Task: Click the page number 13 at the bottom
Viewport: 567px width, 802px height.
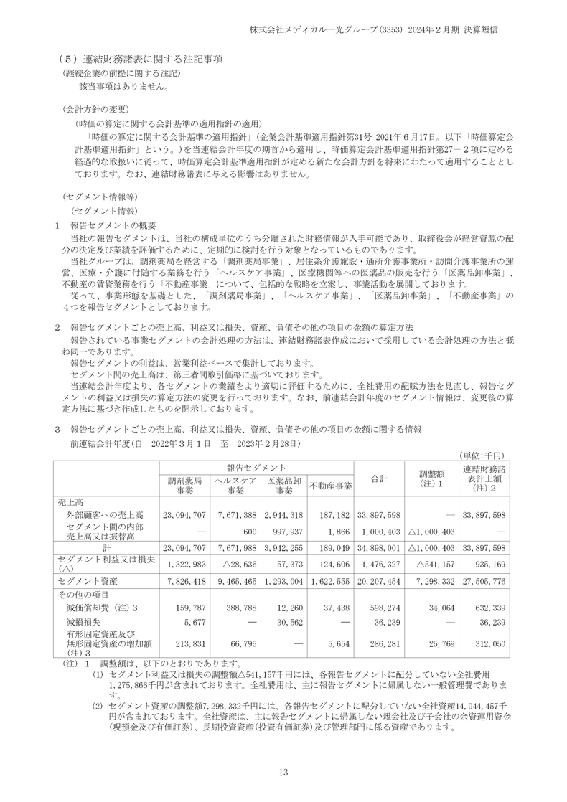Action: pyautogui.click(x=283, y=772)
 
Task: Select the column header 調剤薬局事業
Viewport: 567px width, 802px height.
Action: pyautogui.click(x=184, y=486)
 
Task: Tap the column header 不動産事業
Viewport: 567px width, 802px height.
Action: pyautogui.click(x=331, y=486)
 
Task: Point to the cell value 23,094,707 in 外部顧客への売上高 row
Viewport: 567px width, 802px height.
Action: pyautogui.click(x=184, y=515)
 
